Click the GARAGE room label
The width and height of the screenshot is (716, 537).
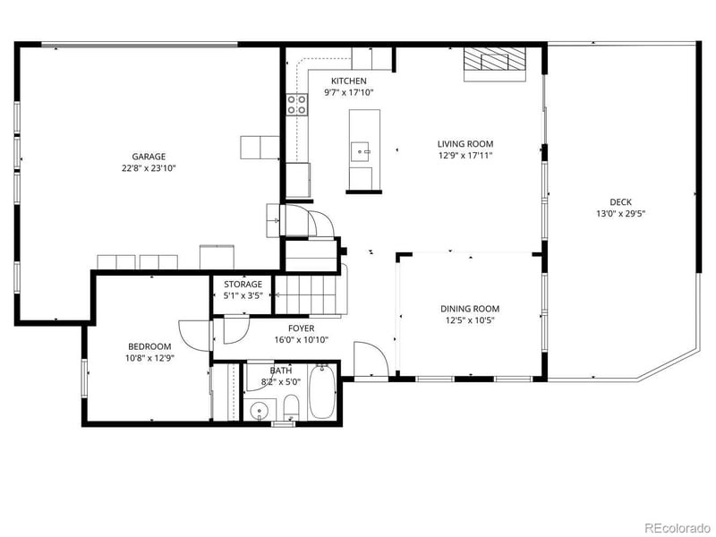tap(149, 157)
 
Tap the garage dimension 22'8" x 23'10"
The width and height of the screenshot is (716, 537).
tap(149, 167)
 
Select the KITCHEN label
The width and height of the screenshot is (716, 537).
tap(348, 81)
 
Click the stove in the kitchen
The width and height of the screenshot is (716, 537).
tap(296, 104)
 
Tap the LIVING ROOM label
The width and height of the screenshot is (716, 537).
tap(465, 144)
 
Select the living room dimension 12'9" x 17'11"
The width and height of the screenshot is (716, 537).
tap(465, 155)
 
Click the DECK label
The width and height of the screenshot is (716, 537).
tap(620, 202)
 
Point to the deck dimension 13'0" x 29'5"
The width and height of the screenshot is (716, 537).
tap(620, 213)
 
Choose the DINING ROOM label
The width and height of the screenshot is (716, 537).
tap(469, 309)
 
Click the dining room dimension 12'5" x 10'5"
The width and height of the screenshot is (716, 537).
tap(469, 320)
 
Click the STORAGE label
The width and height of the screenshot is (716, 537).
tap(243, 284)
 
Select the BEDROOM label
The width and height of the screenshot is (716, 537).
tap(149, 346)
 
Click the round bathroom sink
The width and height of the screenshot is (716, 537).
tap(259, 412)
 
